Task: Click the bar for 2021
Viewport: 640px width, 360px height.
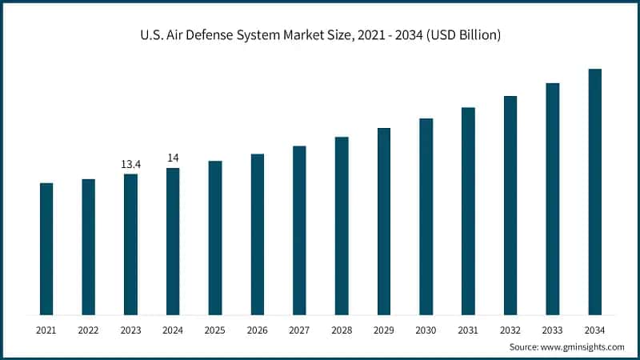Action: point(46,249)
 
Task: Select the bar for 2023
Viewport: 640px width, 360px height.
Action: point(130,244)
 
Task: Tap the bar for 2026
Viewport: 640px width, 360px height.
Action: point(257,234)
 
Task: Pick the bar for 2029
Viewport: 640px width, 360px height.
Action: point(384,221)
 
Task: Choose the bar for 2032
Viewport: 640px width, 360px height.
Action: point(510,205)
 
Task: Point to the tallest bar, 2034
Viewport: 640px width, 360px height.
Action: point(595,192)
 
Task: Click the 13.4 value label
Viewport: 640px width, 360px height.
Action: point(130,164)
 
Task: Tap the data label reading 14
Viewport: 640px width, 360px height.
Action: point(173,158)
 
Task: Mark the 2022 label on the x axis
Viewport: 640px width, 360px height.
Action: point(88,329)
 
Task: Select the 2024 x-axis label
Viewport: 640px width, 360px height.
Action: point(173,329)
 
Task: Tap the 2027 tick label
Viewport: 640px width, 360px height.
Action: point(299,329)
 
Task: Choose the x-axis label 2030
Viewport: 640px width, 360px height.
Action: point(426,329)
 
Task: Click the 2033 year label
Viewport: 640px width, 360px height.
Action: point(553,329)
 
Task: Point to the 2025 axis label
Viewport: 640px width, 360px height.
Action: point(215,329)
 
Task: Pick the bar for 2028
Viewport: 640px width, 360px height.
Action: point(342,226)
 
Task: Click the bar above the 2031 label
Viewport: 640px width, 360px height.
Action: point(468,211)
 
